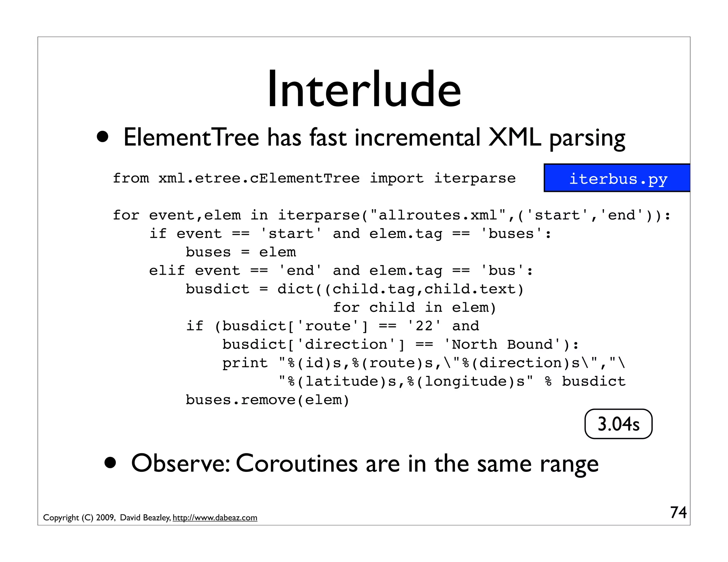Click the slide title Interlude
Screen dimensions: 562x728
pos(364,89)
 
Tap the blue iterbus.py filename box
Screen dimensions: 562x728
pos(618,178)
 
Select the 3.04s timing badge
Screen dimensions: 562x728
pos(618,424)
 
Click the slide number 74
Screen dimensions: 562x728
pos(678,512)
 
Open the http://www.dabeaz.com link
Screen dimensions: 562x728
pos(215,518)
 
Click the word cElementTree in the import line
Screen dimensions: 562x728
pos(305,178)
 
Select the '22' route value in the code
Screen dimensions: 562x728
pos(424,326)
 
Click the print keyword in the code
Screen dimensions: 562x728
pos(245,363)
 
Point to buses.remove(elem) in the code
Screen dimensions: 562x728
pos(268,400)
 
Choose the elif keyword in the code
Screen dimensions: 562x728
pos(167,271)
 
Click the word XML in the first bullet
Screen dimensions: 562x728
pos(514,138)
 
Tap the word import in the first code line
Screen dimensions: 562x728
pos(397,178)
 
